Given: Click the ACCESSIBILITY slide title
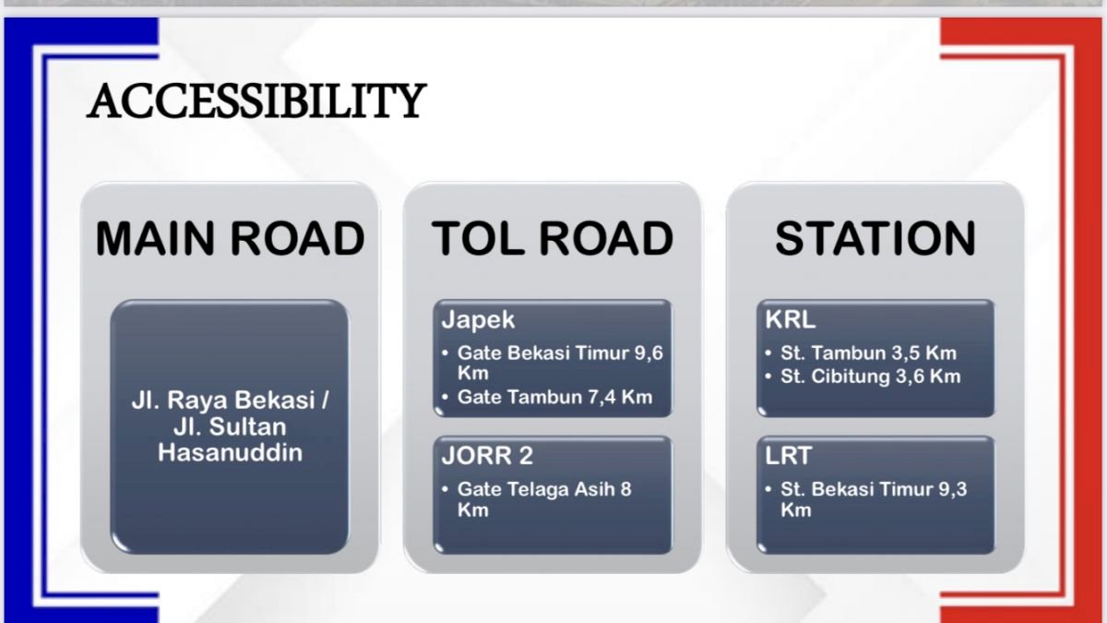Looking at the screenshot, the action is tap(256, 101).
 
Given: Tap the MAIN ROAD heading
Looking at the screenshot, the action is tap(230, 239).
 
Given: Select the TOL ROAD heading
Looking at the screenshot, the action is tap(553, 239).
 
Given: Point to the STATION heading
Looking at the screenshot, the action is tap(875, 239).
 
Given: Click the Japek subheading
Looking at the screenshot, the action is tap(478, 320).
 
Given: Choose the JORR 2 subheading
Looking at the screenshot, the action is tap(487, 455).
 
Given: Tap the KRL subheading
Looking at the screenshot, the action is tap(791, 319).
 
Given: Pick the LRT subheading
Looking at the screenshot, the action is tap(788, 455).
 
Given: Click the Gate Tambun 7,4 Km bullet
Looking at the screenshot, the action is tap(554, 397).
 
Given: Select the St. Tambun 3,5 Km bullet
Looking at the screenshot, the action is tap(868, 353).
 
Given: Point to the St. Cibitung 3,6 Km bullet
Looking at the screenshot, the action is tap(870, 377).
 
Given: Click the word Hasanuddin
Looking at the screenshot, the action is tap(230, 453).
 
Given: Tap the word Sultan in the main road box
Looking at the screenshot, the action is tap(247, 426).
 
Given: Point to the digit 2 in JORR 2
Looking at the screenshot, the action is tap(526, 455).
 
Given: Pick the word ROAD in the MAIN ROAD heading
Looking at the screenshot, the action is tap(297, 239).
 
